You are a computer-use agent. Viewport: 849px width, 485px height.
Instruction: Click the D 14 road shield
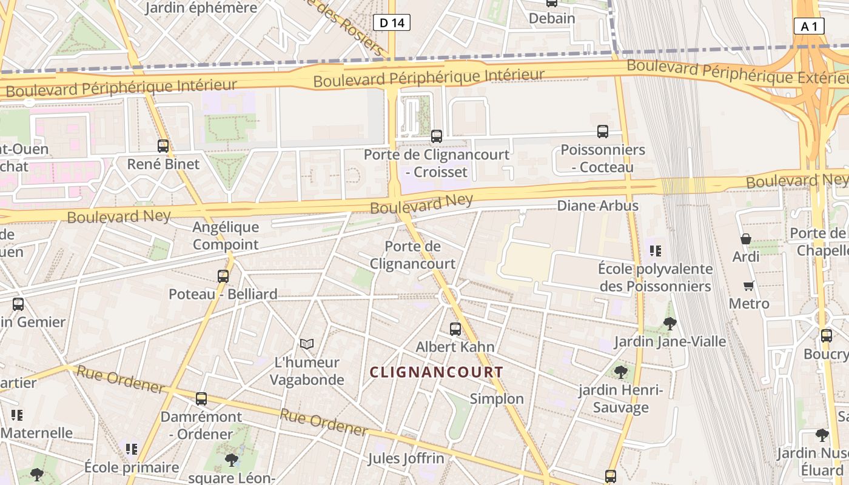pos(391,23)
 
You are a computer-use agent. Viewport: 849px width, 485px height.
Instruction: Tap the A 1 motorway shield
pos(809,26)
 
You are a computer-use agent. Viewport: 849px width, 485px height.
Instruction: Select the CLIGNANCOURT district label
pos(437,372)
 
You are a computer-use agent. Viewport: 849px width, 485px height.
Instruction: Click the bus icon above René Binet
pos(163,146)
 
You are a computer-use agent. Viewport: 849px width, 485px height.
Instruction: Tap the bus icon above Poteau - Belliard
pos(223,276)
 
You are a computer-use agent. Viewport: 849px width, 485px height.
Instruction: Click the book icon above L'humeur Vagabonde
pos(307,344)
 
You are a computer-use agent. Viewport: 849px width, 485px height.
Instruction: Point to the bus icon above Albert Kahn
pos(455,329)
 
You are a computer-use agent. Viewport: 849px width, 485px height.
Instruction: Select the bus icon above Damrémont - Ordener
pos(201,399)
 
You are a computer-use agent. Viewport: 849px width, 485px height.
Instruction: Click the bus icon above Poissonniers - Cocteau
pos(603,132)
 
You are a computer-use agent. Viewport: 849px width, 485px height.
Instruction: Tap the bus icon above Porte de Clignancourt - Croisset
pos(437,136)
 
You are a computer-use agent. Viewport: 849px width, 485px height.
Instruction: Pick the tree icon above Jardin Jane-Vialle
pos(670,324)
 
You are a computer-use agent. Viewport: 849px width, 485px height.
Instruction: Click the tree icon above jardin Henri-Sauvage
pos(620,372)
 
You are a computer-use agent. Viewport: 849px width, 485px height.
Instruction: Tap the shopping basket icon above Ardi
pos(746,239)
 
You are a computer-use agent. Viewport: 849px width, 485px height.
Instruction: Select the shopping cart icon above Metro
pos(749,286)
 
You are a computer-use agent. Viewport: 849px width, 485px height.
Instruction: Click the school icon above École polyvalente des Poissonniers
pos(656,250)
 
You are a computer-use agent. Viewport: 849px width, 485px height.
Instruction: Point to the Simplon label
pos(497,398)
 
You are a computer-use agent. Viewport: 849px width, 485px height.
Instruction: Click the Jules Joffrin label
pos(406,458)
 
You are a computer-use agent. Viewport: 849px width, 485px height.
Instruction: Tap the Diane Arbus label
pos(597,206)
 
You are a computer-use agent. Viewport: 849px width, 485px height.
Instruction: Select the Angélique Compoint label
pos(226,236)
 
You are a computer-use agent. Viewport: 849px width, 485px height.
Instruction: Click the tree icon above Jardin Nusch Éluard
pos(822,435)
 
